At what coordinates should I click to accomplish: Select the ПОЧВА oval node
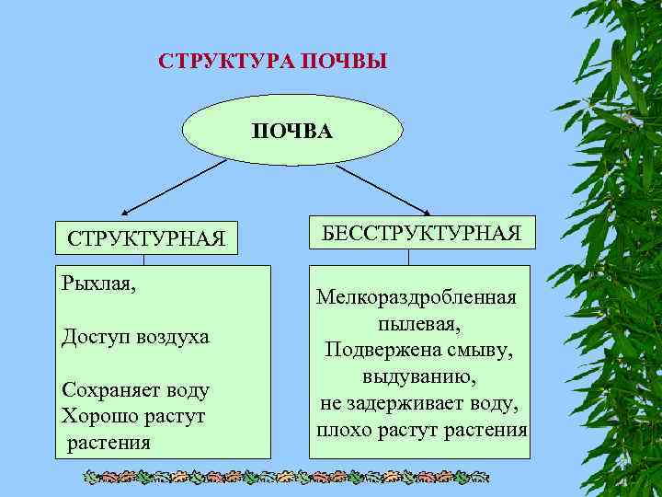(292, 130)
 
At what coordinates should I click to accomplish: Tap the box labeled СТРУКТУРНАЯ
(145, 238)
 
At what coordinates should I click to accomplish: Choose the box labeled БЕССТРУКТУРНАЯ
(422, 232)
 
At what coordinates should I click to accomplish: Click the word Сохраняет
(107, 390)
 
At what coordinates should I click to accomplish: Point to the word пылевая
(418, 325)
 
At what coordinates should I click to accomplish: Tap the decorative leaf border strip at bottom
(285, 478)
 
